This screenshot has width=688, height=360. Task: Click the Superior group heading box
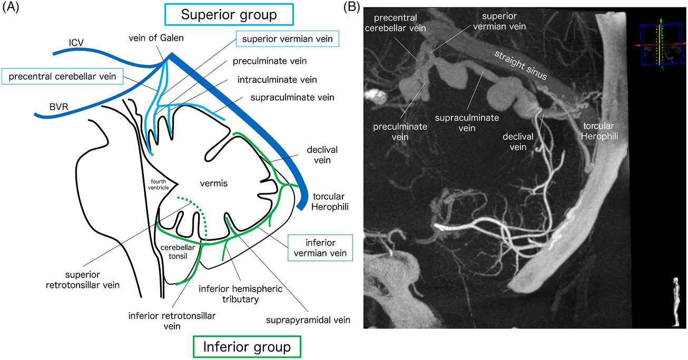[228, 14]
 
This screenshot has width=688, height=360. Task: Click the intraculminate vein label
[262, 80]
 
